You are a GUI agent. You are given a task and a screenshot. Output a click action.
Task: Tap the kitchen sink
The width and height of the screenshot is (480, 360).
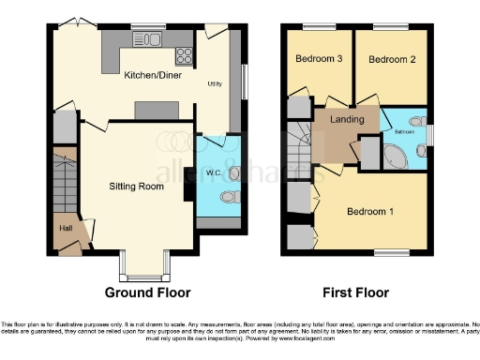coord(147,38)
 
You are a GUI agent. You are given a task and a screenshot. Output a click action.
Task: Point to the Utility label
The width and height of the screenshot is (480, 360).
coord(215,83)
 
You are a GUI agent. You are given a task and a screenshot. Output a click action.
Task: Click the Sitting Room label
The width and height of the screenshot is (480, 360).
coord(136,186)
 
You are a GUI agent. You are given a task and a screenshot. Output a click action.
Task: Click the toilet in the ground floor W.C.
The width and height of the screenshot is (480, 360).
coord(231,198)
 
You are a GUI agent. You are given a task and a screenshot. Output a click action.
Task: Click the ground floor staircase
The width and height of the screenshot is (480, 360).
coord(64,183)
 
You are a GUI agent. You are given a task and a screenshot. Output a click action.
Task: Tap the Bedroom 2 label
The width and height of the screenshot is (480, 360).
coord(385,59)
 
